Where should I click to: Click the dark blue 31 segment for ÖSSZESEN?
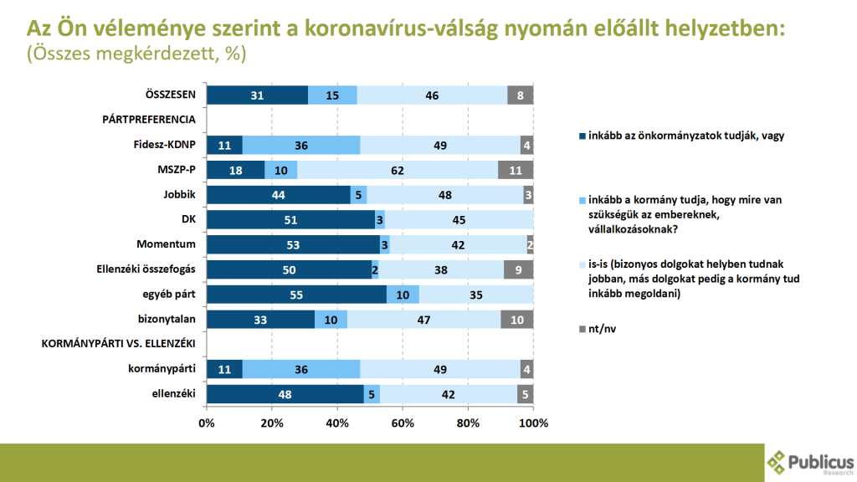pyautogui.click(x=257, y=95)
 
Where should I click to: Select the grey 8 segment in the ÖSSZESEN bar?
pyautogui.click(x=521, y=95)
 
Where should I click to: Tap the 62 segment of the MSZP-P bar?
pyautogui.click(x=398, y=170)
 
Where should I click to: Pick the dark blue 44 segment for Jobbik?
pyautogui.click(x=278, y=195)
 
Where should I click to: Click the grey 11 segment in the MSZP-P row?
pyautogui.click(x=516, y=170)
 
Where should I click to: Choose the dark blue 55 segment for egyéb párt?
pyautogui.click(x=296, y=295)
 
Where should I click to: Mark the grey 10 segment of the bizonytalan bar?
pyautogui.click(x=517, y=320)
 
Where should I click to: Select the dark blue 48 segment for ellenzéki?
pyautogui.click(x=285, y=394)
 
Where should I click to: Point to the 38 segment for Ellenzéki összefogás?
pyautogui.click(x=442, y=269)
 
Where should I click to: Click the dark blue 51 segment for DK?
pyautogui.click(x=290, y=220)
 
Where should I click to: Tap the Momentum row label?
pyautogui.click(x=166, y=244)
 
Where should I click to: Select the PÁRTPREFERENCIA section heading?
pyautogui.click(x=149, y=120)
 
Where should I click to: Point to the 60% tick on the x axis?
pyautogui.click(x=403, y=423)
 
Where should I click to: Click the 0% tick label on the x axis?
pyautogui.click(x=207, y=423)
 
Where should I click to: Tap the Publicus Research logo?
pyautogui.click(x=810, y=463)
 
